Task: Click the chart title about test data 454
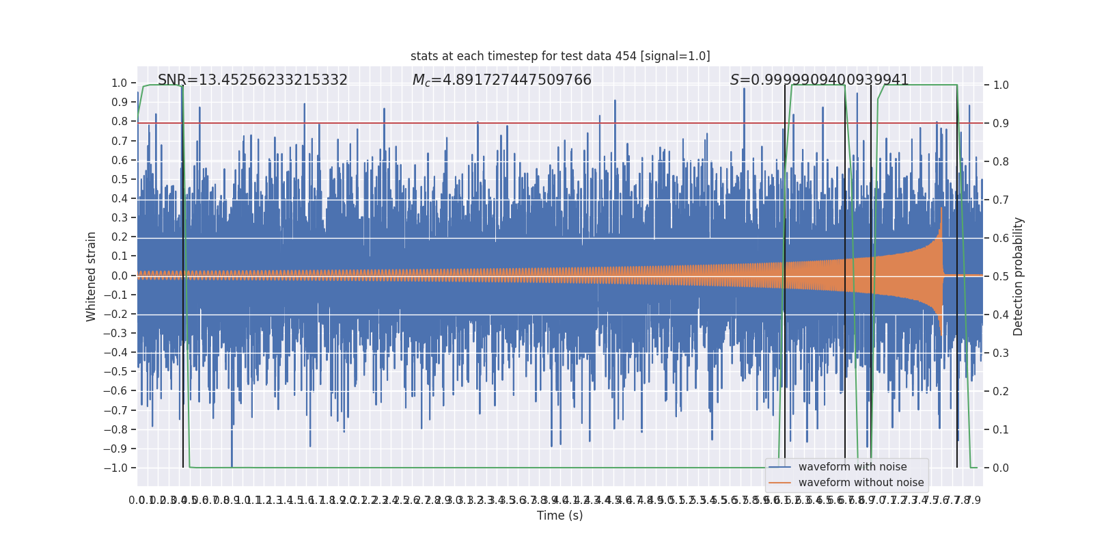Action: coord(560,56)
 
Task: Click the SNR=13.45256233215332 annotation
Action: coord(253,80)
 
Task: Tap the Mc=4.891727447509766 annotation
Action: coord(502,80)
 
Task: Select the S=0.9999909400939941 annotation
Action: coord(819,80)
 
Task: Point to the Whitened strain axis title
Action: coord(92,276)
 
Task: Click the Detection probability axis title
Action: coord(1019,276)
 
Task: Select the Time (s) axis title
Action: coord(560,516)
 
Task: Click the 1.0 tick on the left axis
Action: coord(120,83)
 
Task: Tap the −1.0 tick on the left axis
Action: coord(115,468)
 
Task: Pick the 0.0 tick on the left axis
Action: coord(120,276)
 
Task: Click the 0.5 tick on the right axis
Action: coord(1001,276)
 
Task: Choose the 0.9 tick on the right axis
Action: coord(1001,123)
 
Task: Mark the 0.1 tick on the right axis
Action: coord(1001,429)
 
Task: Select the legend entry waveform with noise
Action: coord(853,467)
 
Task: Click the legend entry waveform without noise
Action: coord(861,483)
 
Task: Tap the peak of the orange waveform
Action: coord(942,208)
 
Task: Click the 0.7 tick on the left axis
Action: coord(120,141)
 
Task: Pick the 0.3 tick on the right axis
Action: coord(1001,353)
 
